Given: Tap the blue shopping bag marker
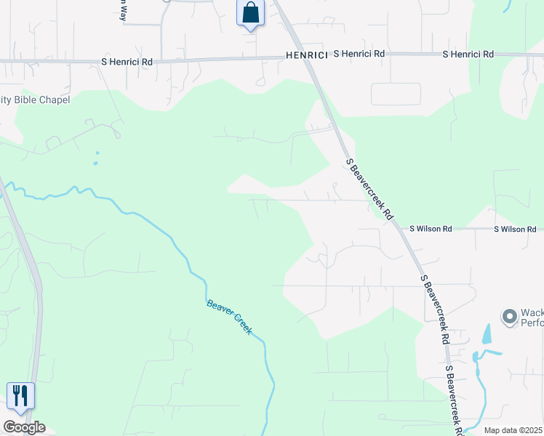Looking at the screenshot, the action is pyautogui.click(x=249, y=13).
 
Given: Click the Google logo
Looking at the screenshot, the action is pyautogui.click(x=24, y=427).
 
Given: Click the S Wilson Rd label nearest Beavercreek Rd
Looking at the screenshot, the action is pyautogui.click(x=431, y=229).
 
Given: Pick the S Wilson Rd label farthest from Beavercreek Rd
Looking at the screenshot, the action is pyautogui.click(x=515, y=229).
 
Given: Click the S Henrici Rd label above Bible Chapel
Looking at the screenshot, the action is pyautogui.click(x=127, y=62).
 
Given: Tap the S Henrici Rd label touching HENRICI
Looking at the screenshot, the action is pyautogui.click(x=359, y=54).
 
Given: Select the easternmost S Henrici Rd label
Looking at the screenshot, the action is pyautogui.click(x=468, y=54).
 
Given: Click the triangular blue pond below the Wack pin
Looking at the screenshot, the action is pyautogui.click(x=487, y=334).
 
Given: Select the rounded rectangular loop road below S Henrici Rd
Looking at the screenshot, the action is pyautogui.click(x=396, y=94).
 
